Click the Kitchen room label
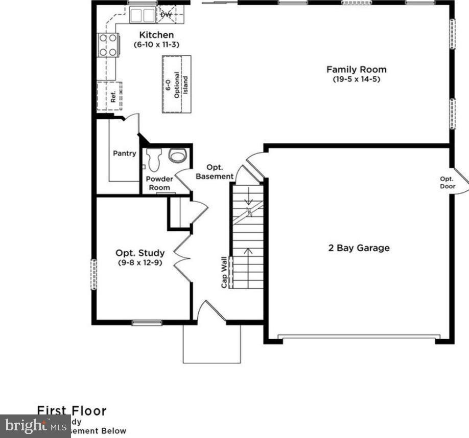157,35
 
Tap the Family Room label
356,70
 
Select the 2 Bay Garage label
359,248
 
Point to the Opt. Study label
140,253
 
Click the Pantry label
124,154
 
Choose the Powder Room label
159,183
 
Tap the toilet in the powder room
154,160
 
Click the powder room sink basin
178,156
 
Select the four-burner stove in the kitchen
108,45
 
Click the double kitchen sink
142,15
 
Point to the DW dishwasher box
167,15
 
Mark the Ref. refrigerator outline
110,96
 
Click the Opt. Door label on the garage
448,183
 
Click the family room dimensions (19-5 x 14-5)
356,79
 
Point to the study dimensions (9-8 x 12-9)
140,263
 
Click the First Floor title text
72,410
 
